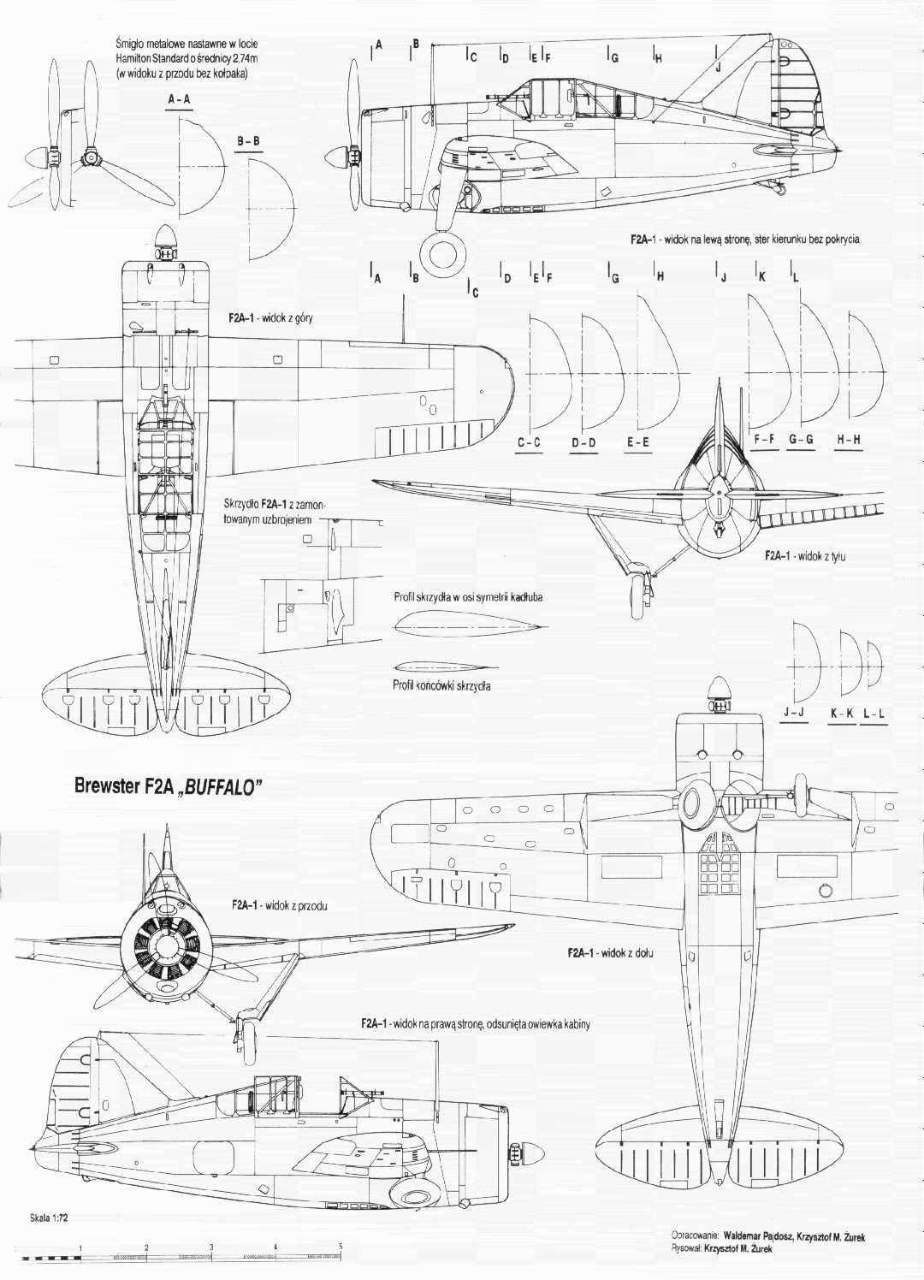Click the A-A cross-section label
pyautogui.click(x=179, y=99)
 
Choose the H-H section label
pyautogui.click(x=848, y=441)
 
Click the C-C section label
pyautogui.click(x=529, y=442)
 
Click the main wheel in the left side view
pyautogui.click(x=442, y=249)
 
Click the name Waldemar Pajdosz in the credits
pyautogui.click(x=758, y=1248)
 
